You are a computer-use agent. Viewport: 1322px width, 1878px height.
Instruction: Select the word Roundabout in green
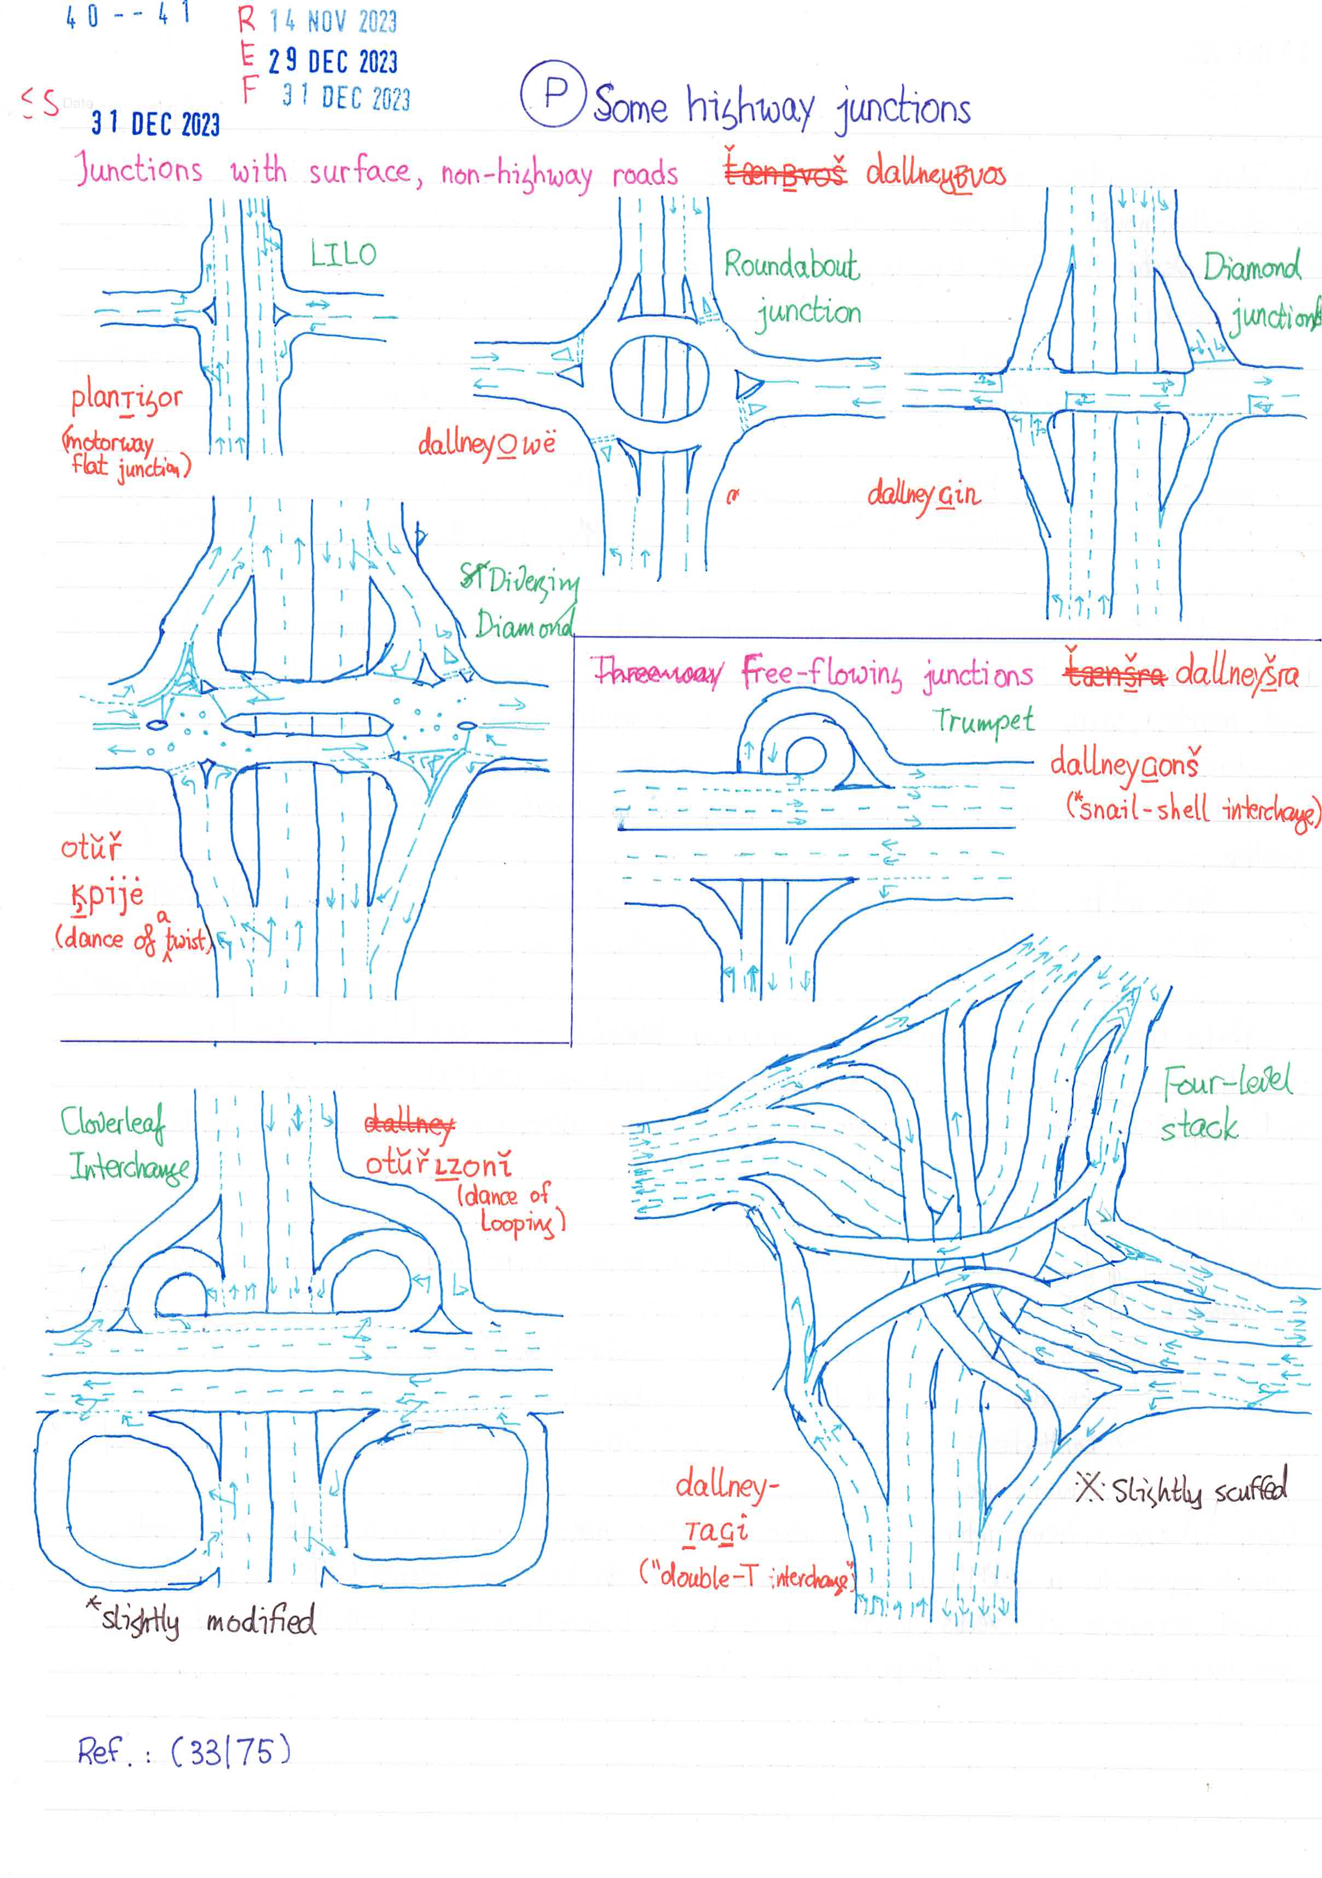coord(791,266)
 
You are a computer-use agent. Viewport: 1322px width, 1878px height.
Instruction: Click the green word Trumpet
coord(984,720)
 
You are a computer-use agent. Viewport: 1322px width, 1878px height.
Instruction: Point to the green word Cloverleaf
coord(112,1122)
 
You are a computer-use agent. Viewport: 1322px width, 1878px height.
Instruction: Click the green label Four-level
coord(1227,1082)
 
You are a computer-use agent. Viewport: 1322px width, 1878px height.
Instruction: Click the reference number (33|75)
coord(231,1751)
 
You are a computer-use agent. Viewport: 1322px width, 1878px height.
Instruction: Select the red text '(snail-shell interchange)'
coord(1192,810)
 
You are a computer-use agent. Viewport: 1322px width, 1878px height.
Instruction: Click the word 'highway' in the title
coord(750,108)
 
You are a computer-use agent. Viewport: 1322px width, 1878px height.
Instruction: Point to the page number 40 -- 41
coord(127,15)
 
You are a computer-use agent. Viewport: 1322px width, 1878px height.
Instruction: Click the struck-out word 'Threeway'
coord(659,673)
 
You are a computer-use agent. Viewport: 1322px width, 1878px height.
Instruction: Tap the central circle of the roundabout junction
coord(659,378)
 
